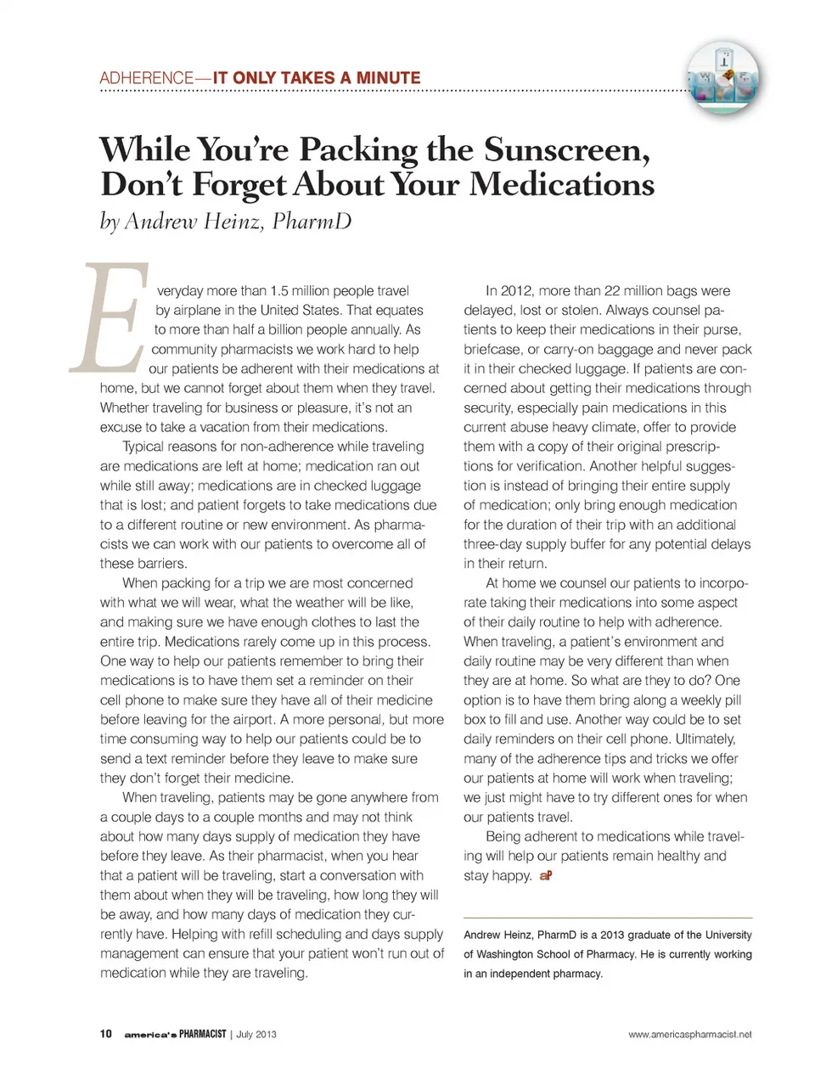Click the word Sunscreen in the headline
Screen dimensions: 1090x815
click(567, 149)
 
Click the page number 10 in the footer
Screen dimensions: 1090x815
click(105, 1034)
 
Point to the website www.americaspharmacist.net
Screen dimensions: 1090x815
click(689, 1034)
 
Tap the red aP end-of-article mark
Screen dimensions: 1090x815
click(545, 875)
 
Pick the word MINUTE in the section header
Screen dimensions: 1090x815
click(388, 78)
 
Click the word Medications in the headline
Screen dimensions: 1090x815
click(561, 184)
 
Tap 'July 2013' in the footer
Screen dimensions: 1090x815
click(256, 1034)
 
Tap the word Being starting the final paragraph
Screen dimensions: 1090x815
click(503, 836)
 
